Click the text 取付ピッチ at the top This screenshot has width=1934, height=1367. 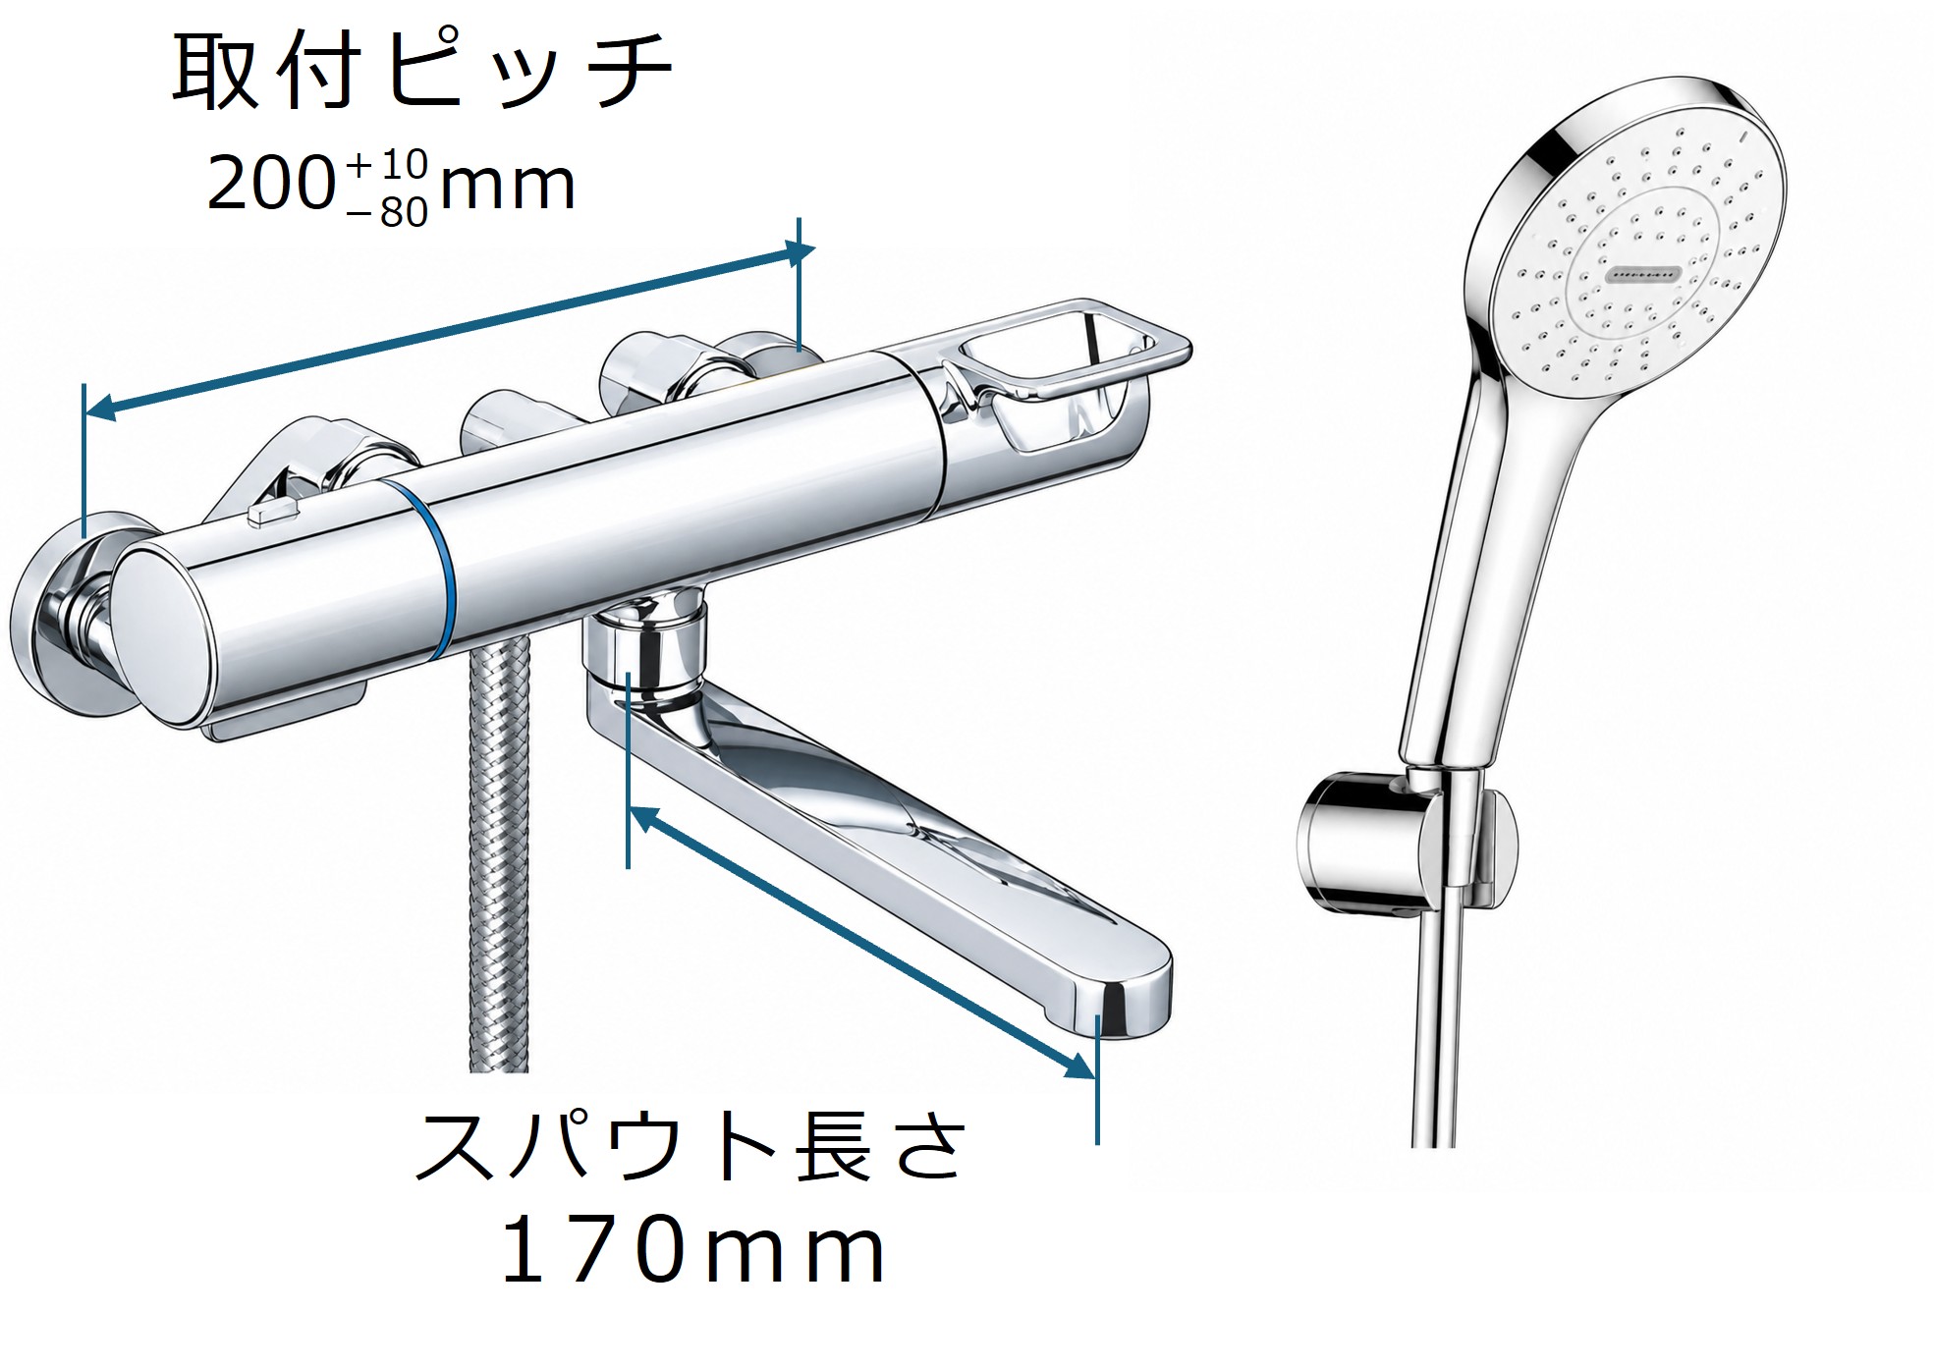(x=422, y=71)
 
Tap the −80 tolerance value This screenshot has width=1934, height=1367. (x=389, y=211)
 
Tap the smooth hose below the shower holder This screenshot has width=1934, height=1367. (x=1437, y=1031)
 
